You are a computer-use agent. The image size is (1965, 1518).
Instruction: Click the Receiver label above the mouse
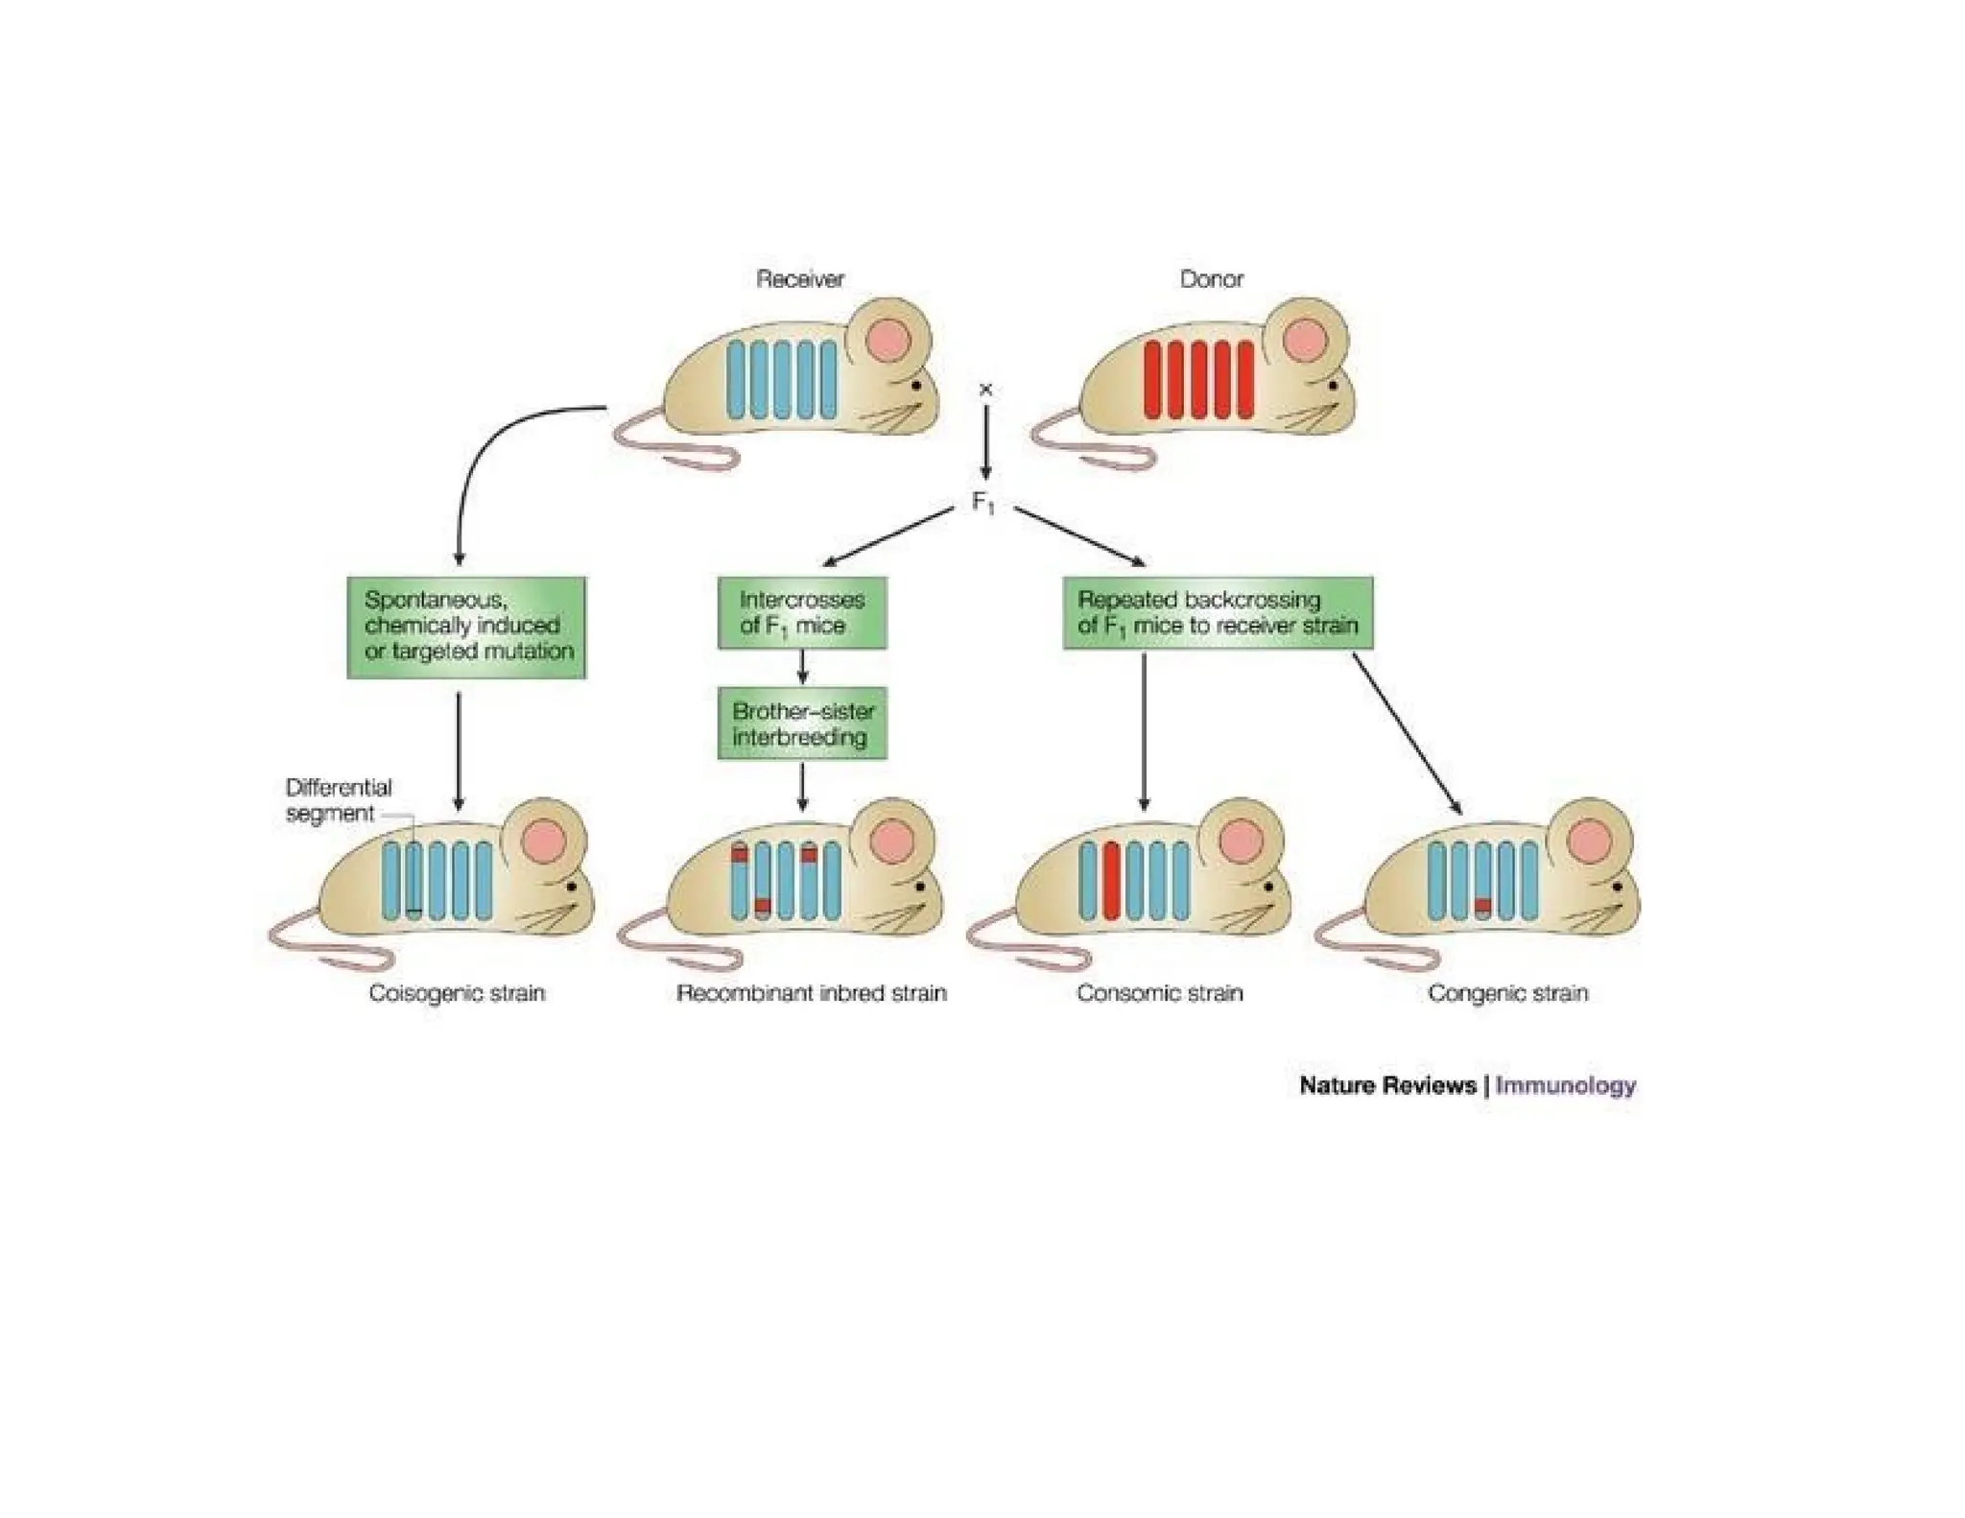(x=799, y=279)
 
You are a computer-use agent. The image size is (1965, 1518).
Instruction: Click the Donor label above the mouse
(x=1211, y=279)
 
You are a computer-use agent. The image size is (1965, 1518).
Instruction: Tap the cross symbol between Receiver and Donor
(x=984, y=390)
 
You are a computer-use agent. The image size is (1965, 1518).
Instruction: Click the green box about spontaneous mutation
(x=466, y=627)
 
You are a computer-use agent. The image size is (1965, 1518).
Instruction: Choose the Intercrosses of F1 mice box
(x=802, y=612)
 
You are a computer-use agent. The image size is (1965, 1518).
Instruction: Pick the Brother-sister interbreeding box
(x=802, y=723)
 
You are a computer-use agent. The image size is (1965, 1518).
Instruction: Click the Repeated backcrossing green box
(x=1217, y=612)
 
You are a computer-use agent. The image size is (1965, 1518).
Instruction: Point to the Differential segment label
(x=338, y=800)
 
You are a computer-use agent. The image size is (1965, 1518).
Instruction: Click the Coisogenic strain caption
(x=457, y=993)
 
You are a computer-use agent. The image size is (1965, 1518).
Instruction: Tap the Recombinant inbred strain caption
(x=811, y=993)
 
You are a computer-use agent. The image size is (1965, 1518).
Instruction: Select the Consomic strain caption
(x=1159, y=993)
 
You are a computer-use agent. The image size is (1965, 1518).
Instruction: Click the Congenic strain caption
(x=1507, y=993)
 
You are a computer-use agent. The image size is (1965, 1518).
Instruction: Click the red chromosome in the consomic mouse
(x=1111, y=880)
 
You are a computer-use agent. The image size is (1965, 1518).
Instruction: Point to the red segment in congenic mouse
(x=1483, y=905)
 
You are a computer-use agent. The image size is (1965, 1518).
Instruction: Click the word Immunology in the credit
(x=1565, y=1085)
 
